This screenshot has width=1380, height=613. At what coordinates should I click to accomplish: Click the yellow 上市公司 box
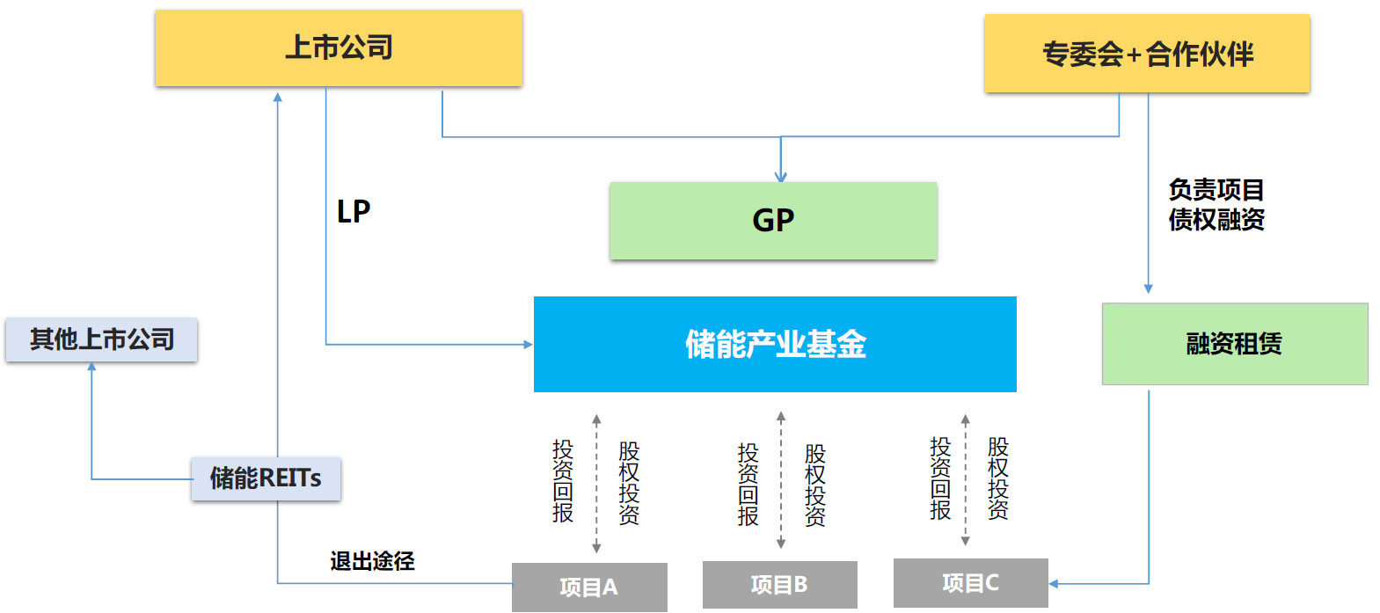(x=339, y=48)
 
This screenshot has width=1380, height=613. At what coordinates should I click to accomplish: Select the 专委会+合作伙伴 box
(x=1147, y=54)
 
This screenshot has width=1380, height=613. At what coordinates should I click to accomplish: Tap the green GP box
(x=773, y=220)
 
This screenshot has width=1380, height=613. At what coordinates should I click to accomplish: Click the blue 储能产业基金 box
(x=775, y=344)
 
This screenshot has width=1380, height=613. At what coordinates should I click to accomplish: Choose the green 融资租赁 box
(x=1234, y=344)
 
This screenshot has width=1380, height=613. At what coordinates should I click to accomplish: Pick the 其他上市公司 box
(x=101, y=339)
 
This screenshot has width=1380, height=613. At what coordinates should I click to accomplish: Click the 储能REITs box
(x=266, y=478)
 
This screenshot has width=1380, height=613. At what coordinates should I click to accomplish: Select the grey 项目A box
(x=589, y=587)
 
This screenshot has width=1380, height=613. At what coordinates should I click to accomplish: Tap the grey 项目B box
(x=779, y=585)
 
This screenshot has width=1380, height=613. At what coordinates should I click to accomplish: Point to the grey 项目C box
(x=970, y=583)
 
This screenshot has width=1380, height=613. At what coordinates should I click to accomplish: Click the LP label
(x=354, y=212)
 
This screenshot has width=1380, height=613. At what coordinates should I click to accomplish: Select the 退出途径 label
(x=372, y=561)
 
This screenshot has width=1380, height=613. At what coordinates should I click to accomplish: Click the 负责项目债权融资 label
(x=1216, y=204)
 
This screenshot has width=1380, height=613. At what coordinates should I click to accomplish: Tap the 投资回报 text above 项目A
(x=563, y=481)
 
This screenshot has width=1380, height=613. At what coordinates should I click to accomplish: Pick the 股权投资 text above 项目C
(x=997, y=478)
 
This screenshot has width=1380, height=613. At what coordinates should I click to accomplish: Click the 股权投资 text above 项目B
(x=814, y=485)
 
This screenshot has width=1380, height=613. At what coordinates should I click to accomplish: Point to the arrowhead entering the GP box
(x=781, y=177)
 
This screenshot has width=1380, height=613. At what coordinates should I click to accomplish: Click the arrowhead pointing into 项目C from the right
(x=1054, y=583)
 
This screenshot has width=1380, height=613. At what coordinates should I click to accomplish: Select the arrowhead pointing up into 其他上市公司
(x=91, y=367)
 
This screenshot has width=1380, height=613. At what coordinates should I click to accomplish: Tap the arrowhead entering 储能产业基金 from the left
(x=528, y=344)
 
